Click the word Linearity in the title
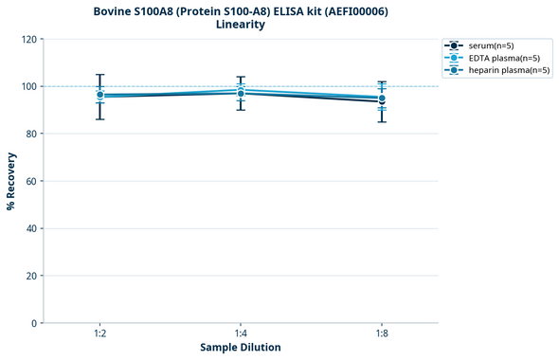click(x=241, y=25)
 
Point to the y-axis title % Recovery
click(x=11, y=180)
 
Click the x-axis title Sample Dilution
click(x=241, y=348)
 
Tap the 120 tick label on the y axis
click(x=28, y=39)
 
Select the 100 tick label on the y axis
click(x=28, y=86)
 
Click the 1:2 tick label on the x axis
click(x=99, y=333)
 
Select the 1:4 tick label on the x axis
click(x=241, y=333)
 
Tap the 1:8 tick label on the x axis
click(x=382, y=333)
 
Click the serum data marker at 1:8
click(x=382, y=101)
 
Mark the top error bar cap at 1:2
click(x=99, y=75)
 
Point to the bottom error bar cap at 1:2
click(x=99, y=118)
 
